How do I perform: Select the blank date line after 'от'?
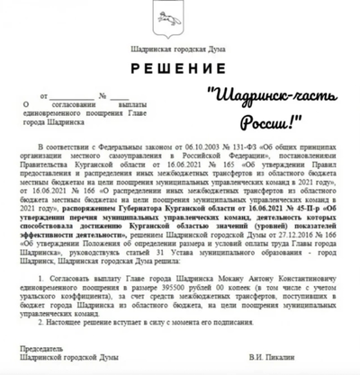pos(71,94)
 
